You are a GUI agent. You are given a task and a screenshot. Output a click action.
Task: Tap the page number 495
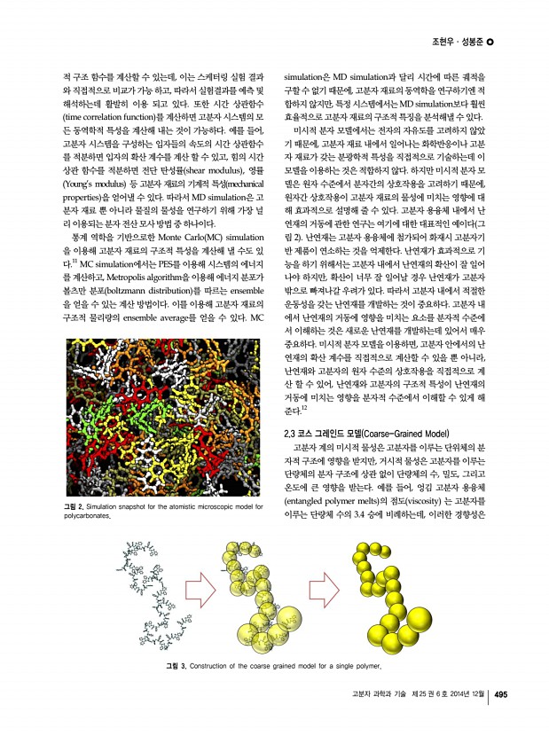click(x=500, y=694)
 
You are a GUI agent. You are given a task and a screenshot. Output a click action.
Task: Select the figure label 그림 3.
click(x=174, y=665)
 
